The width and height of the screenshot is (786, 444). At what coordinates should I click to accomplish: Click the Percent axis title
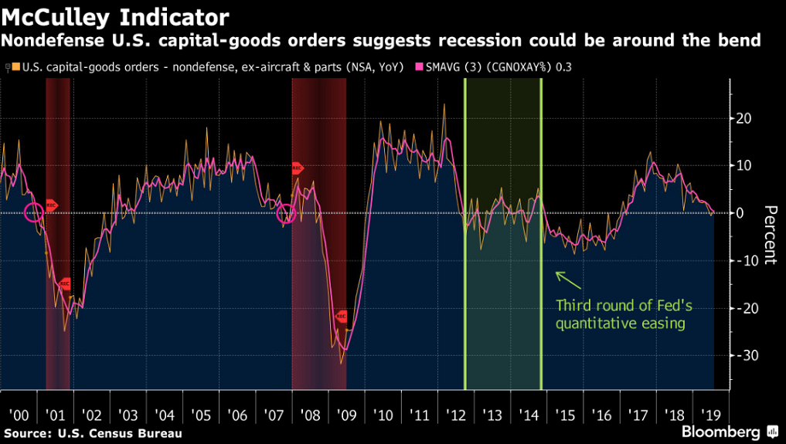[x=769, y=236]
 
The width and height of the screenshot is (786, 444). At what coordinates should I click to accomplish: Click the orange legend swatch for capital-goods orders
[x=15, y=67]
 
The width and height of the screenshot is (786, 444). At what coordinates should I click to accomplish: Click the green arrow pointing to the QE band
[x=566, y=279]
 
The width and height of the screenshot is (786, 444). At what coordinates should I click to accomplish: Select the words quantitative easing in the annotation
[x=621, y=324]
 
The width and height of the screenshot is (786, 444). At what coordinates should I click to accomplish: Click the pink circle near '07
[x=286, y=213]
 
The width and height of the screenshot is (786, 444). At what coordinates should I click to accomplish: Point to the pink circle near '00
[x=33, y=212]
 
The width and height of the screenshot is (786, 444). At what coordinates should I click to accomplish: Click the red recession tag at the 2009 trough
[x=341, y=317]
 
